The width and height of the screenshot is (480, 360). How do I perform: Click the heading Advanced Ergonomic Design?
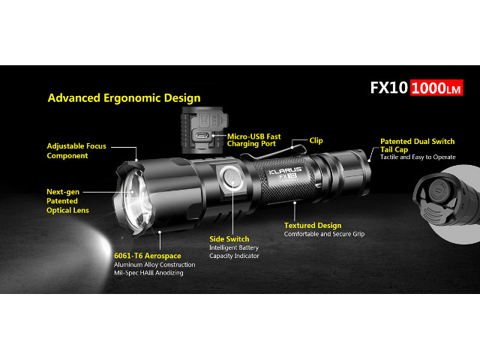point(124,98)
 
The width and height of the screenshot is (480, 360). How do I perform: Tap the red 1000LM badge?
point(436,88)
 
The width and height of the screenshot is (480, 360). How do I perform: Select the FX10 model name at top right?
point(388,88)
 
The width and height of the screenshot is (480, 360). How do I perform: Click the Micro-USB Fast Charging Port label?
point(253,140)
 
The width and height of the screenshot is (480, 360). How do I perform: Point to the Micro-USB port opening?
point(202,135)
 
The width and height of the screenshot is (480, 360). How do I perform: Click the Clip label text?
point(316,140)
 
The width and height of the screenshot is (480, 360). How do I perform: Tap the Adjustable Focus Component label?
point(76,151)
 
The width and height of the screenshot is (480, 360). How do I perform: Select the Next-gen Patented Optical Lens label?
point(67,201)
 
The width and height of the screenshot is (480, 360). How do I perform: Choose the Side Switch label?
point(229,239)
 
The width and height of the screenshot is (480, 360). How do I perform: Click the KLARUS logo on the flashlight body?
point(285,170)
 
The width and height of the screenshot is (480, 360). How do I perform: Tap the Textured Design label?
point(313,225)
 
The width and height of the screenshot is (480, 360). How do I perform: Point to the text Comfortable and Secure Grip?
point(324,234)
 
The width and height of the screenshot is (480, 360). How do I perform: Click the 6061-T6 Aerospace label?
point(148,256)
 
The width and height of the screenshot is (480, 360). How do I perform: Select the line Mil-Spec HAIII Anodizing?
point(148,273)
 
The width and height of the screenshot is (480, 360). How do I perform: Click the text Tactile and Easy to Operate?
point(418,157)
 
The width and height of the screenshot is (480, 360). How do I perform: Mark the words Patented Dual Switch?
point(418,142)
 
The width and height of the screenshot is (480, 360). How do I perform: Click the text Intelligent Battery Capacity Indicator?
point(234,252)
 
